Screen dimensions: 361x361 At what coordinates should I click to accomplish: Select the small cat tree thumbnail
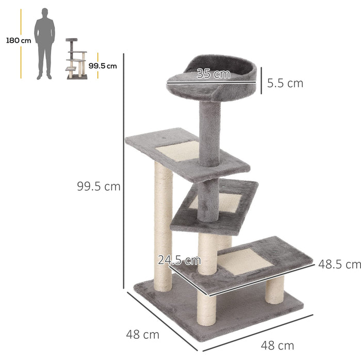click(76, 59)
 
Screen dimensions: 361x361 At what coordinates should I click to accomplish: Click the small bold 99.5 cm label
click(102, 65)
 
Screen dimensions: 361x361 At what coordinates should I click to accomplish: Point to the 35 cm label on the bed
click(214, 74)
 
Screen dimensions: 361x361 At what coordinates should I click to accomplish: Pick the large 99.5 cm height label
click(99, 187)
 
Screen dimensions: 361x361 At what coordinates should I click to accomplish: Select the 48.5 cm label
click(339, 265)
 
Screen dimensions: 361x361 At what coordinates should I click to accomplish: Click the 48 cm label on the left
click(142, 335)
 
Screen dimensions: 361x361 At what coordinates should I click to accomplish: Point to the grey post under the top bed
click(209, 132)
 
